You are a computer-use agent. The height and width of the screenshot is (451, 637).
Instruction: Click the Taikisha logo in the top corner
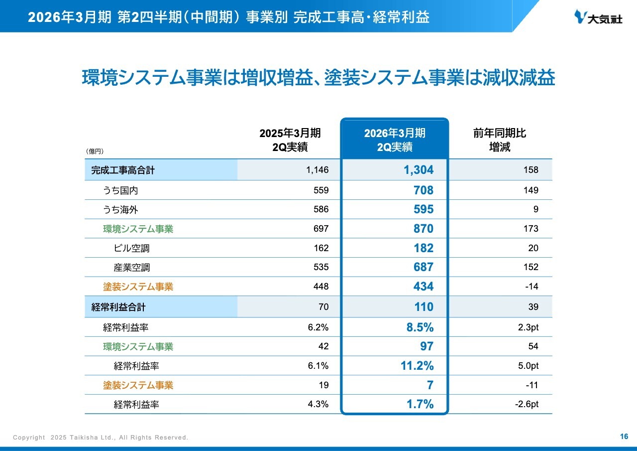(x=598, y=17)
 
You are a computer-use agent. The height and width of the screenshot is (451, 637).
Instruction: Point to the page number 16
(x=624, y=437)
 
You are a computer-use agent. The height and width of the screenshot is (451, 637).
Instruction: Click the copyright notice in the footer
(x=101, y=438)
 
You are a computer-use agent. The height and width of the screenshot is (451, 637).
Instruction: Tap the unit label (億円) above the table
(x=95, y=151)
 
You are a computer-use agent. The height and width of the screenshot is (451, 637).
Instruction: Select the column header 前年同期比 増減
(x=499, y=140)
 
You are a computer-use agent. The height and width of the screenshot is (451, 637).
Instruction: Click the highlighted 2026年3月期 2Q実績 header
(x=395, y=140)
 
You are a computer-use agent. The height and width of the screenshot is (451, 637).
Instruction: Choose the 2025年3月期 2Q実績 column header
(x=290, y=140)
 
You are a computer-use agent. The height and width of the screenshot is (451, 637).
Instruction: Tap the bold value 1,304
(x=418, y=170)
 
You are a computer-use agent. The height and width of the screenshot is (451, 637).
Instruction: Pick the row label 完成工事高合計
(x=123, y=170)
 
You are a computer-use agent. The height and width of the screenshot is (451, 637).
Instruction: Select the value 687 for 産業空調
(x=423, y=268)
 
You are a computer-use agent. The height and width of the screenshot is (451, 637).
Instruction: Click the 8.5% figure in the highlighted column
(x=421, y=327)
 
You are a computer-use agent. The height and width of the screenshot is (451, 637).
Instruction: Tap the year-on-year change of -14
(x=532, y=287)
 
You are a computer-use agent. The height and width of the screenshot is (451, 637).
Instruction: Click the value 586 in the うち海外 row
(x=321, y=210)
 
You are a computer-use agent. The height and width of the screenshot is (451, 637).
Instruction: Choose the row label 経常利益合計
(x=118, y=307)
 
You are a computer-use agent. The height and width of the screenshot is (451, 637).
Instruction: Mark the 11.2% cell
(x=417, y=366)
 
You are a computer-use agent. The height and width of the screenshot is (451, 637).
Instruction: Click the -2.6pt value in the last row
(x=527, y=405)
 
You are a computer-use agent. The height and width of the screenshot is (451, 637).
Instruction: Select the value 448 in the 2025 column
(x=321, y=287)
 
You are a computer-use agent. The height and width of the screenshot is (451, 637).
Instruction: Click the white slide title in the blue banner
(x=229, y=17)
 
